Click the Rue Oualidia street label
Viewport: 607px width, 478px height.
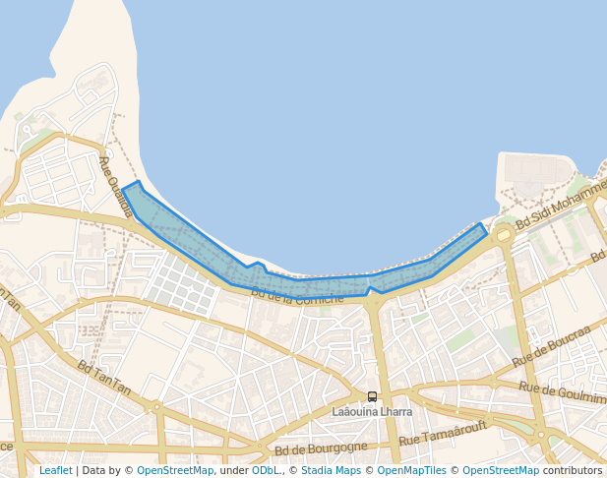click(115, 186)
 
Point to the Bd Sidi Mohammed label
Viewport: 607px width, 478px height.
click(563, 209)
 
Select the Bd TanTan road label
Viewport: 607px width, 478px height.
click(104, 377)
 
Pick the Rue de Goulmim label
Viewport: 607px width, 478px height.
click(562, 391)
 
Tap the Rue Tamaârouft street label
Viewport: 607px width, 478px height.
click(457, 436)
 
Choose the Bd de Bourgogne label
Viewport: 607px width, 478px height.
click(321, 448)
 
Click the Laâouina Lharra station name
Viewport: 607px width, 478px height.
click(372, 411)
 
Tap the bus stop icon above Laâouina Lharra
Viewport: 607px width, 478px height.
click(372, 397)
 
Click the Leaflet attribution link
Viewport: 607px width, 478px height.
click(55, 470)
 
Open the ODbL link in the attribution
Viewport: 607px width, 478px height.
click(266, 470)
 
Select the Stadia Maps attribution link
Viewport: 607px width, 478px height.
click(331, 470)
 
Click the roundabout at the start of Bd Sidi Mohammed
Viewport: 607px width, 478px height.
click(504, 235)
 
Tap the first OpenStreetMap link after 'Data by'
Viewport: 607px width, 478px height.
click(174, 470)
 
